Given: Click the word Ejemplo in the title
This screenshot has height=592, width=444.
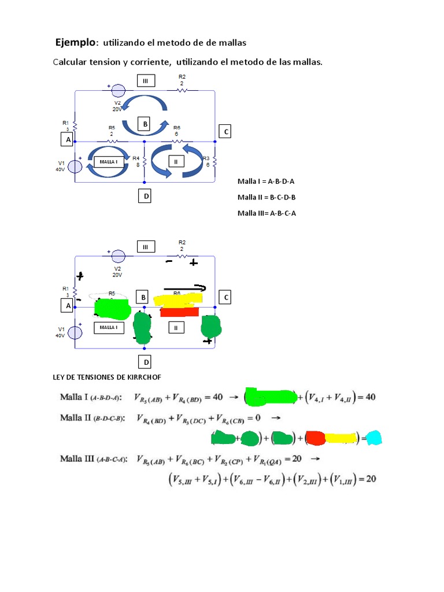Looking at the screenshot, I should click(75, 42).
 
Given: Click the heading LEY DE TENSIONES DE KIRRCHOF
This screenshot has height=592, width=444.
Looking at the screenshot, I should click(107, 377).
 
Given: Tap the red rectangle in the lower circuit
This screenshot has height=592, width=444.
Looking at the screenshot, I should click(179, 312).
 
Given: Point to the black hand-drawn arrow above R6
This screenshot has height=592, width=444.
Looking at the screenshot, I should click(184, 287).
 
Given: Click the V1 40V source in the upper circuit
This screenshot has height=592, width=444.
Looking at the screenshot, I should click(75, 166).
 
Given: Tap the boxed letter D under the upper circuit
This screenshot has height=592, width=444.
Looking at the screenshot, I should click(146, 197).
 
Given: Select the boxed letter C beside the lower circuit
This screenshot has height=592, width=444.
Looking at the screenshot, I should click(226, 297).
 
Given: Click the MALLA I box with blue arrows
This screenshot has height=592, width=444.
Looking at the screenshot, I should click(109, 162).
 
